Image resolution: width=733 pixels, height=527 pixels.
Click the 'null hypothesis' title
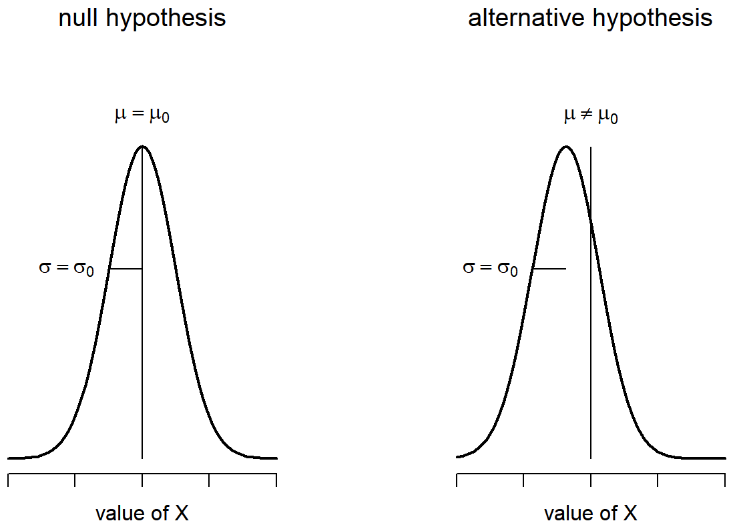(x=142, y=19)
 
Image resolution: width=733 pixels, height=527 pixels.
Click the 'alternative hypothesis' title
(x=590, y=19)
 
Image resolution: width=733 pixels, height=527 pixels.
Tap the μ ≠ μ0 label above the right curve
(x=590, y=117)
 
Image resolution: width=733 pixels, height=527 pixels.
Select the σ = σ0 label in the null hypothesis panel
(x=67, y=268)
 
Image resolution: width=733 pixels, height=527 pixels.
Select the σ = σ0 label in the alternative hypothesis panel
(x=490, y=268)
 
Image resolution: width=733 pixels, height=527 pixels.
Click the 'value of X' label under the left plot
(x=142, y=514)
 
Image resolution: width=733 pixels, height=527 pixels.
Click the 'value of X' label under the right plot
(x=590, y=514)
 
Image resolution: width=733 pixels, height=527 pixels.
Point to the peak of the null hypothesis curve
(x=142, y=146)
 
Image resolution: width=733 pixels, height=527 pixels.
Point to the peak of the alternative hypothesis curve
(x=566, y=146)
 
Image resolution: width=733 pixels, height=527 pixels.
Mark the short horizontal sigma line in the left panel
(x=126, y=269)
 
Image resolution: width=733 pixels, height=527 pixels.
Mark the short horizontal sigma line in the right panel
(x=549, y=269)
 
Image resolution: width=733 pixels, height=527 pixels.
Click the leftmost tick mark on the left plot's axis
(x=8, y=480)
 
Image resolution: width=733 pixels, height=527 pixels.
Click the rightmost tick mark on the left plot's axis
(x=276, y=480)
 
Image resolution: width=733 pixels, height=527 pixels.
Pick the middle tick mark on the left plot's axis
(x=142, y=480)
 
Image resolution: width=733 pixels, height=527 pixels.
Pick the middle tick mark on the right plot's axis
(x=591, y=480)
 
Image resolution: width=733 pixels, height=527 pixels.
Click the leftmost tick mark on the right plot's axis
(x=457, y=480)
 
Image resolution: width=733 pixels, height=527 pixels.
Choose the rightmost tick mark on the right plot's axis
(x=725, y=480)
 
